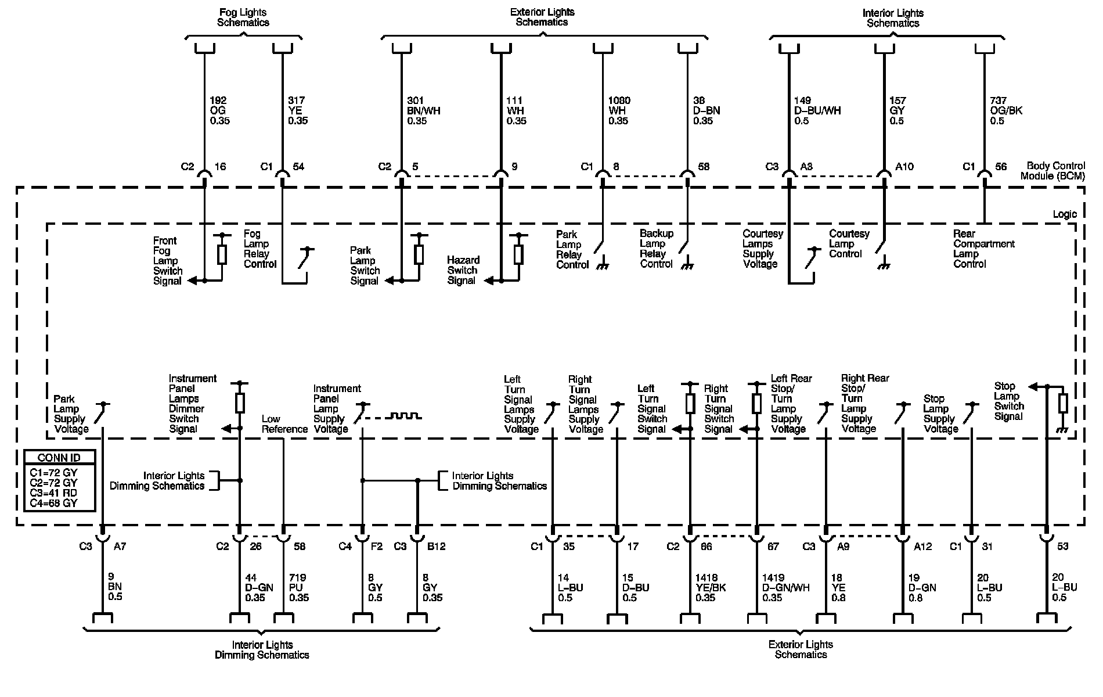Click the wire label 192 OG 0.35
point(219,110)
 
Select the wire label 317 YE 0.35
point(298,110)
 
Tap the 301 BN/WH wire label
point(423,110)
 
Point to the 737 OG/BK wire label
point(1006,110)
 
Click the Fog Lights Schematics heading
point(243,17)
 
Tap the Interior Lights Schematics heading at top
point(893,18)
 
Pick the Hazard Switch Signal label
point(463,270)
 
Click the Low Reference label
point(284,424)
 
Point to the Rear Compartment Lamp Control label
point(983,249)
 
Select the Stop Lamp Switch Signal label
point(1008,401)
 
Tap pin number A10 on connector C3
point(904,167)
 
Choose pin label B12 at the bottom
point(436,546)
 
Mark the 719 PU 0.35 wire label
point(298,587)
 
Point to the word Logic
point(1064,214)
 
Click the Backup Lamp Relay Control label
point(657,249)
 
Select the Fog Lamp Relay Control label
point(259,249)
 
